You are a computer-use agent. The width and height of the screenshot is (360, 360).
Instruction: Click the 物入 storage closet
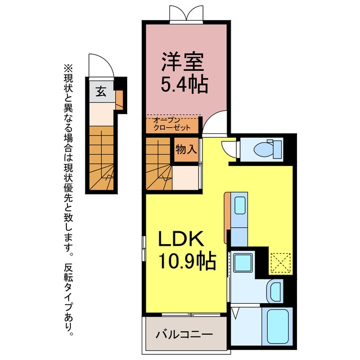click(186, 150)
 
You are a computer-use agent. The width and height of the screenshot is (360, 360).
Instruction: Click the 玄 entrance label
click(100, 92)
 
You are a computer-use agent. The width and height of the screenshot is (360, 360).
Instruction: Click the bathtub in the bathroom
click(277, 326)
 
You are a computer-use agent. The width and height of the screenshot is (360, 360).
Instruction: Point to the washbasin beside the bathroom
click(276, 291)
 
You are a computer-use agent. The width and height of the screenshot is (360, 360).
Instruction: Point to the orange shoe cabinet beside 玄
click(119, 100)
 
